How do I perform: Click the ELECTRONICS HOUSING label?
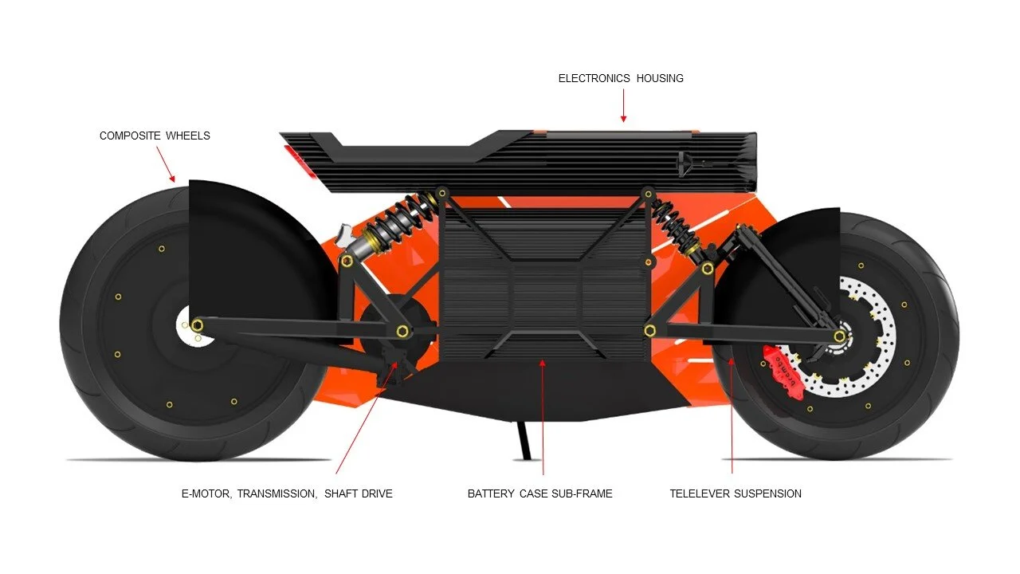[621, 78]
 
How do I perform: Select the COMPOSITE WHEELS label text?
[155, 136]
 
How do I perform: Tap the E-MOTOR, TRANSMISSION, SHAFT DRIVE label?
[287, 493]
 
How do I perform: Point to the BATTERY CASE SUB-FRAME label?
[539, 493]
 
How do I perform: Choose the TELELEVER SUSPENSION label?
[736, 493]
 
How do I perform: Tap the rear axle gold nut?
[197, 324]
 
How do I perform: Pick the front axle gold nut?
[839, 336]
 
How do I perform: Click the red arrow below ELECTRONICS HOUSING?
[623, 105]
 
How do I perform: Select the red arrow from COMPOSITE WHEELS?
[165, 164]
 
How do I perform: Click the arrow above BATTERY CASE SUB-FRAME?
[543, 415]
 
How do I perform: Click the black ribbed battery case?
[542, 279]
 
